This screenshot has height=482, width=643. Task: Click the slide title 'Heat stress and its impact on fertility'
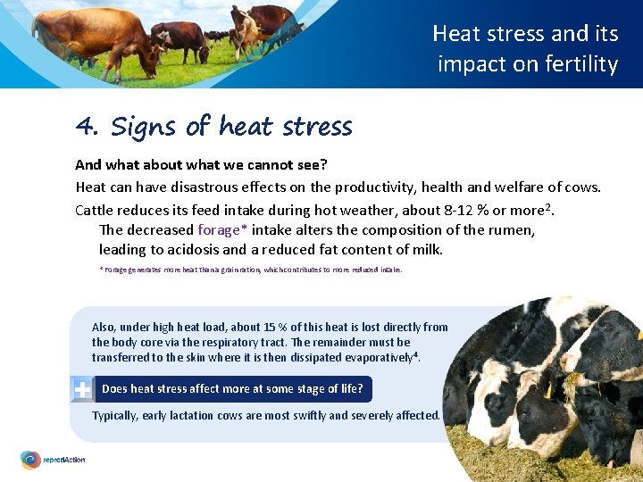point(526,49)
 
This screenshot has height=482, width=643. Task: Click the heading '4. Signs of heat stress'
point(214,127)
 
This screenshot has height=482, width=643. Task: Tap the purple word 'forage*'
point(222,229)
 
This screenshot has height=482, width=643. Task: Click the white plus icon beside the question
point(81,389)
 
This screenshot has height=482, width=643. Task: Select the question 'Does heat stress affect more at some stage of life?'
point(232,389)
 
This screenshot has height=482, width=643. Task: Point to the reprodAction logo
point(53,461)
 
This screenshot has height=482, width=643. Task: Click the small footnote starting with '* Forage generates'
point(250,269)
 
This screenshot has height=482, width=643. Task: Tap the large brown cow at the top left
point(99,36)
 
